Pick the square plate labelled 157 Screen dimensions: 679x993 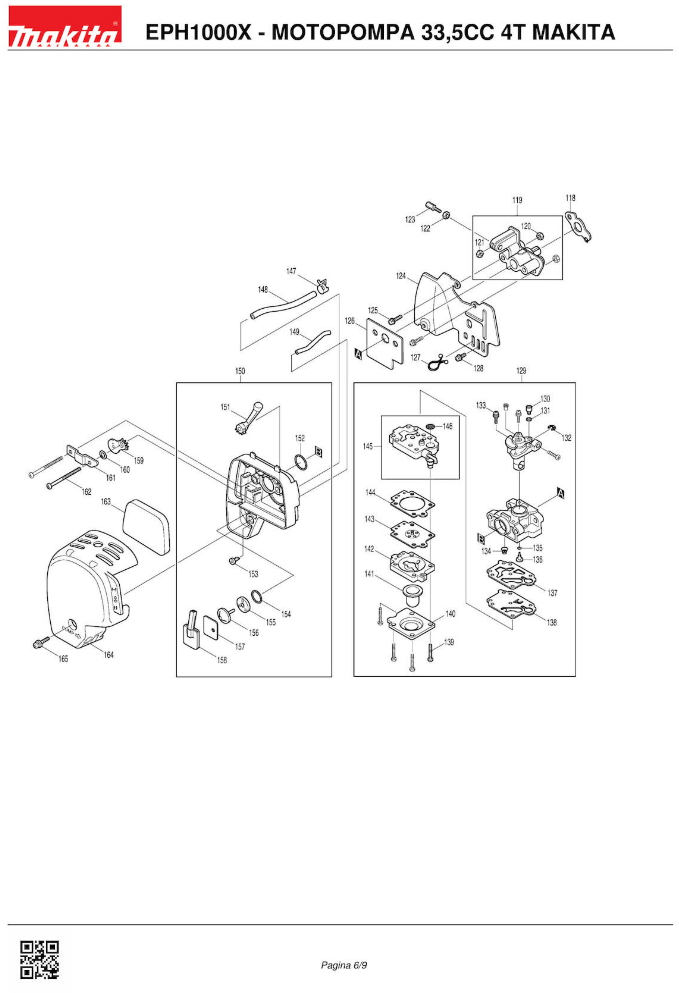210,628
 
